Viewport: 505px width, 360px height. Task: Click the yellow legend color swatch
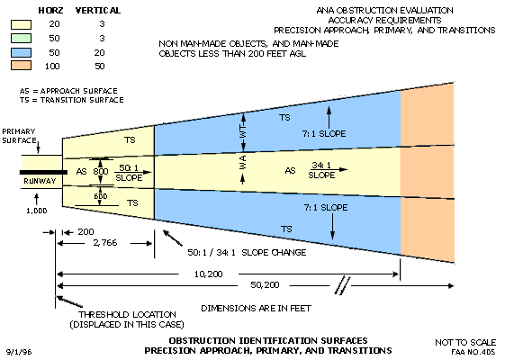(22, 25)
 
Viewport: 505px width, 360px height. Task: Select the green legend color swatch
(22, 39)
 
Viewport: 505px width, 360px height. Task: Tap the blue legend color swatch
(22, 52)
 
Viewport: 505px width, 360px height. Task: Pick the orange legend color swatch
(22, 66)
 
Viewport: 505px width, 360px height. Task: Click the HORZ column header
(51, 11)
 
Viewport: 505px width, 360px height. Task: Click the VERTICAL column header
(98, 11)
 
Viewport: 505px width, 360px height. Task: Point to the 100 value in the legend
(52, 67)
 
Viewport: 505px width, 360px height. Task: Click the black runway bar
(43, 172)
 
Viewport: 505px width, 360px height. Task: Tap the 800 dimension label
(101, 171)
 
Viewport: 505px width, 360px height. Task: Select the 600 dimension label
(101, 196)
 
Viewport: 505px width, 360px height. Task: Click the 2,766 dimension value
(105, 243)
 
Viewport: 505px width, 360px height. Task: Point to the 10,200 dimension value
(208, 274)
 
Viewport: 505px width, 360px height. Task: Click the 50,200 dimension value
(265, 285)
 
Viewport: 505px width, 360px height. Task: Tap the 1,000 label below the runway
(37, 211)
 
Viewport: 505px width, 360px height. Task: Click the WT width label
(243, 132)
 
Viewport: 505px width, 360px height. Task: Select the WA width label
(243, 162)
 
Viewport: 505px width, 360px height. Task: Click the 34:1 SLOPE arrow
(329, 169)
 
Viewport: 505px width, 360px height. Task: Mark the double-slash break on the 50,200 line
(342, 285)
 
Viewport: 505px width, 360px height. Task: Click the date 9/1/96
(19, 352)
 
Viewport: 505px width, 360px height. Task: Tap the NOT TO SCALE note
(465, 342)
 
